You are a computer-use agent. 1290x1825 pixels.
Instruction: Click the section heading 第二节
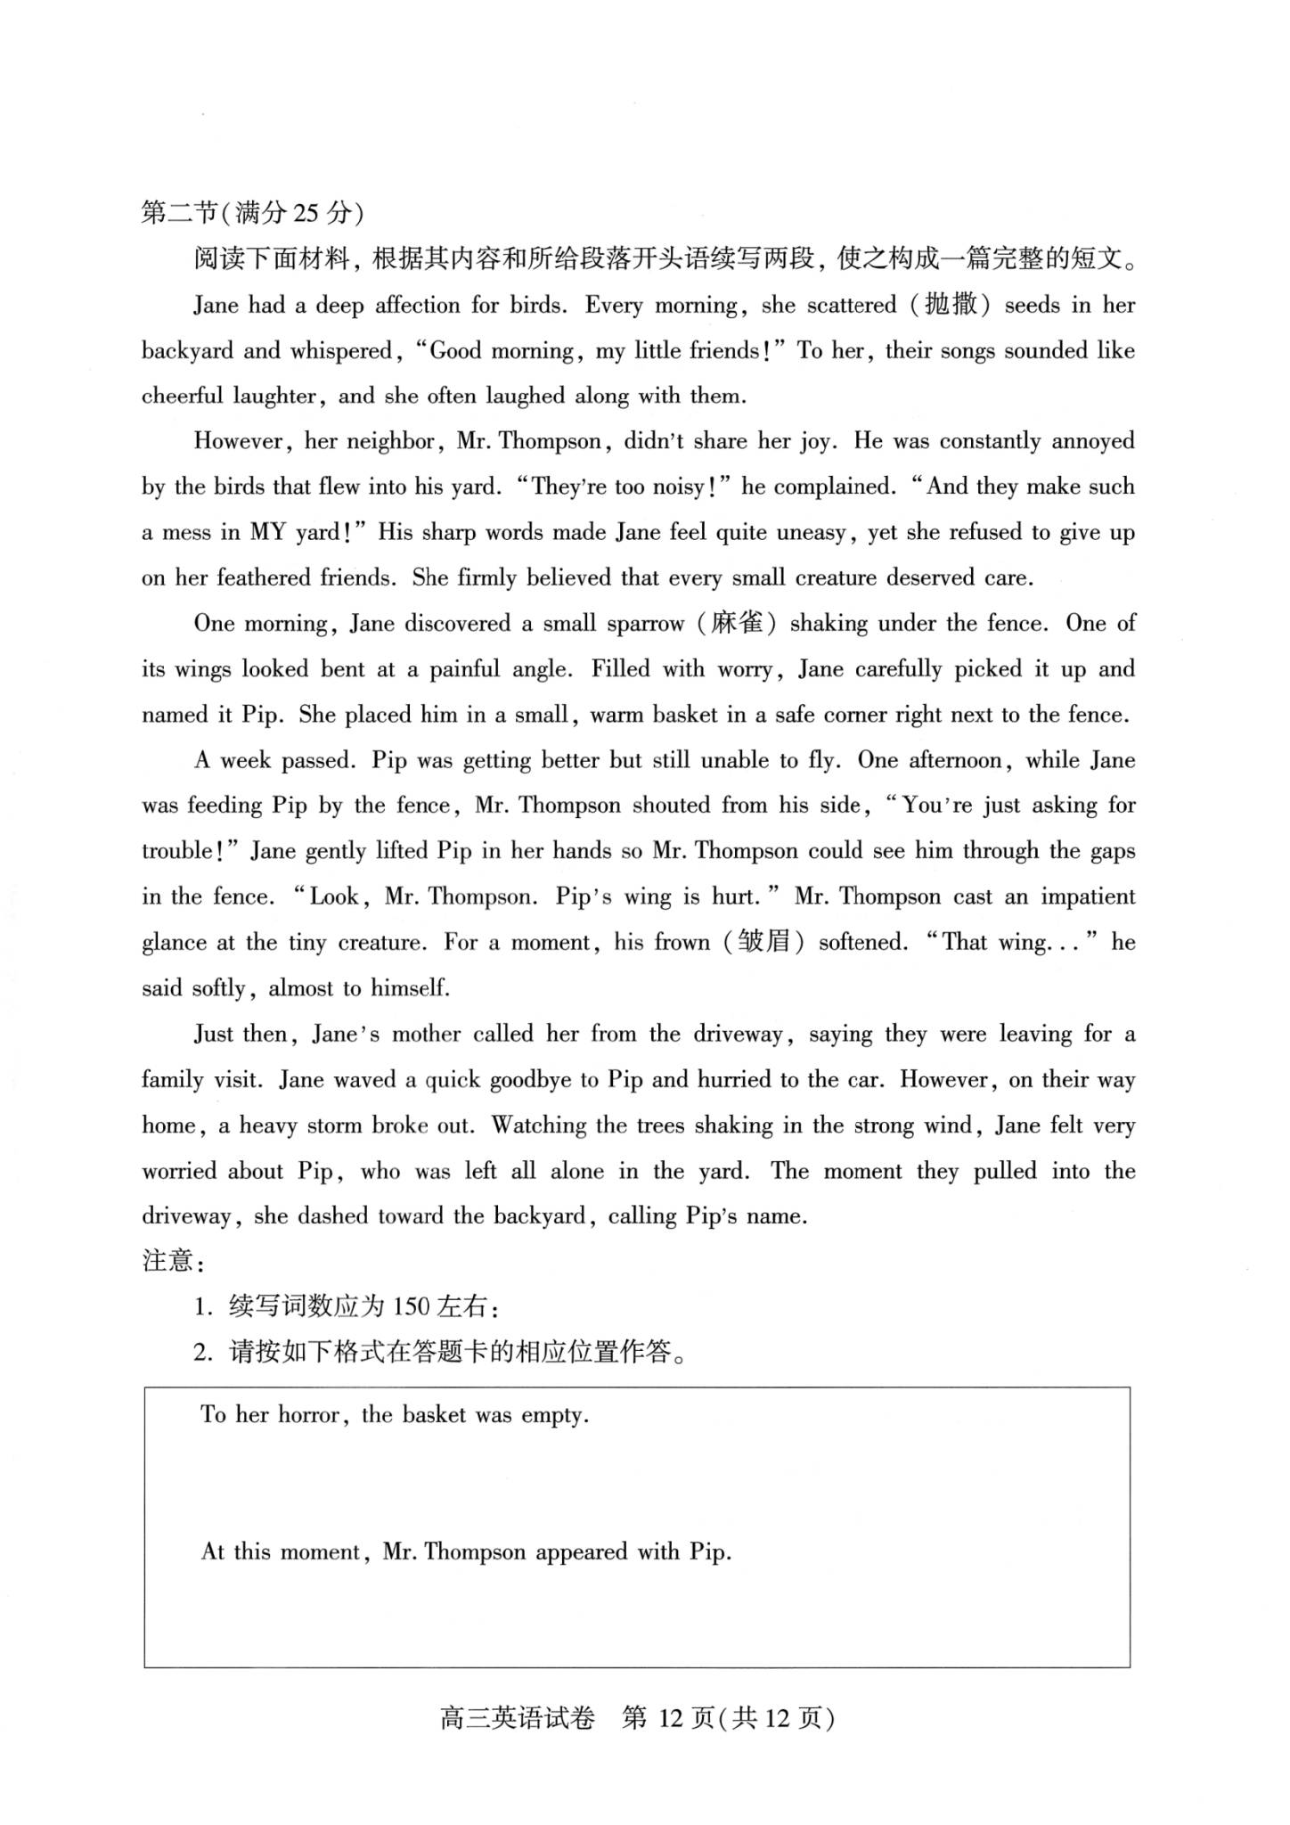pos(179,213)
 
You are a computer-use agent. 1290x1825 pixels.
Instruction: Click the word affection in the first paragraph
pos(417,306)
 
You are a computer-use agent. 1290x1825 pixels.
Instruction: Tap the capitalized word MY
pos(267,533)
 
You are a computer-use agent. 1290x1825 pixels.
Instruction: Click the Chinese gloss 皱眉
pos(763,942)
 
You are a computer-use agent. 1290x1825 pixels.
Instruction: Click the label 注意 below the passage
pos(167,1261)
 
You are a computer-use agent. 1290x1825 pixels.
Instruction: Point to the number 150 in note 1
pos(412,1307)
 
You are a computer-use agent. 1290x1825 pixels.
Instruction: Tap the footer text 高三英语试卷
pos(518,1717)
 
